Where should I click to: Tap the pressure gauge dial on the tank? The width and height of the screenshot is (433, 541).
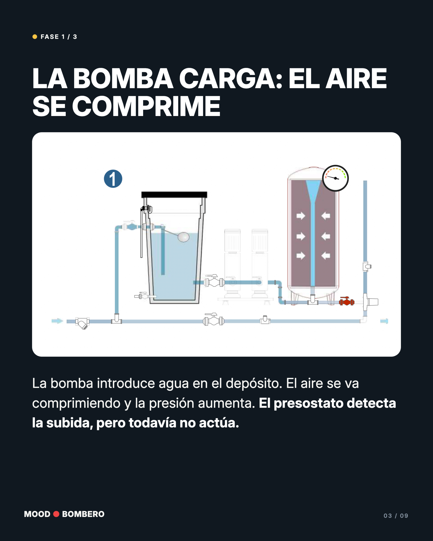(335, 178)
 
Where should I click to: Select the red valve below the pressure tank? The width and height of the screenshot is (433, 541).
(347, 301)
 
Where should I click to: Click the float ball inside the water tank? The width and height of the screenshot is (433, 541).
(184, 237)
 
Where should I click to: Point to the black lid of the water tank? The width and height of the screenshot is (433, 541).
(174, 195)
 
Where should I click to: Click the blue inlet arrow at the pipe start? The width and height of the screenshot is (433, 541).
(57, 321)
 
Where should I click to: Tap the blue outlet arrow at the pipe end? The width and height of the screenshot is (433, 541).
(384, 321)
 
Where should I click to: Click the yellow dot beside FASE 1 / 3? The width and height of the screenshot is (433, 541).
(35, 37)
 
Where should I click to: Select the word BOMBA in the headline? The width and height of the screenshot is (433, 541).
(123, 79)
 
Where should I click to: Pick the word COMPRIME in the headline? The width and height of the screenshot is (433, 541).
(146, 106)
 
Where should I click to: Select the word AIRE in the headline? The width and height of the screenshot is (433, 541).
(356, 79)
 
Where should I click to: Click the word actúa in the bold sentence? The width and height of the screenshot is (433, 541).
(219, 423)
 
